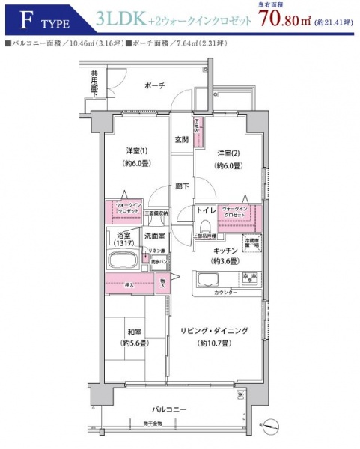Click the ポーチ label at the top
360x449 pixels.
point(155,85)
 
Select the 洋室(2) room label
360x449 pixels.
point(228,153)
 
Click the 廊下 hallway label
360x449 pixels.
point(181,186)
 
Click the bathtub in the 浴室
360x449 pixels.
point(123,263)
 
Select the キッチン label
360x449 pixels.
point(225,251)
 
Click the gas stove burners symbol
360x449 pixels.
point(248,278)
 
